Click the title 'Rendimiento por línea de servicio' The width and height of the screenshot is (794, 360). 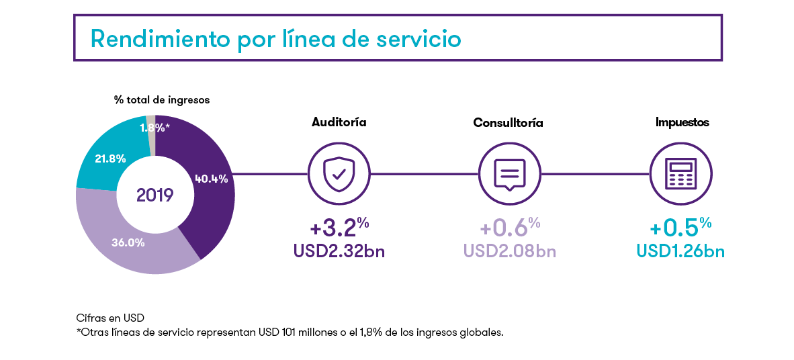275,39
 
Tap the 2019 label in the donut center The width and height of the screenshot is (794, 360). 155,195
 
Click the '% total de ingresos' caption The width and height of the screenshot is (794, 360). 162,100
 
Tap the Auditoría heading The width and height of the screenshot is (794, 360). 339,122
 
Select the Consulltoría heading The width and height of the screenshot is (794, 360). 509,123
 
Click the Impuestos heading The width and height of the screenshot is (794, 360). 682,122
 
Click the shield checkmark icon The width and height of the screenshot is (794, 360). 339,174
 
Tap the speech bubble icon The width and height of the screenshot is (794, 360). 510,174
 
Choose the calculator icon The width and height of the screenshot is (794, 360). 681,174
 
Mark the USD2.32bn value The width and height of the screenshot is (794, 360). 339,251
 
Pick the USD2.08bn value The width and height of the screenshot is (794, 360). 509,251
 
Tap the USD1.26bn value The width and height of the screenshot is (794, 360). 680,251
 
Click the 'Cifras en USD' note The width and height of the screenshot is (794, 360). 110,318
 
